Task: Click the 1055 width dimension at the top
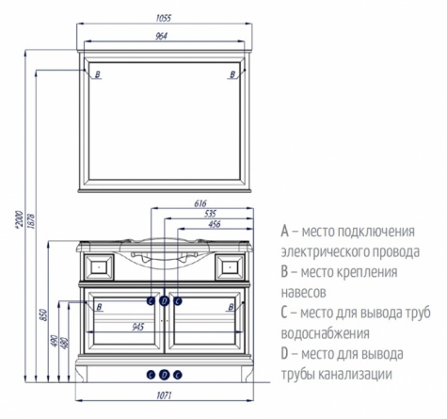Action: (x=164, y=18)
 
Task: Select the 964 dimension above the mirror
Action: (x=161, y=36)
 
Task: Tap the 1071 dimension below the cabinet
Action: (x=164, y=395)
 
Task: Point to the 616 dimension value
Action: (x=200, y=203)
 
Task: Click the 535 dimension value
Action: (x=210, y=214)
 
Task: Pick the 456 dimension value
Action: (x=215, y=224)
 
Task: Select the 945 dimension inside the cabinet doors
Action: (x=137, y=327)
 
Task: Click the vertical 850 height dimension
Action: (x=44, y=314)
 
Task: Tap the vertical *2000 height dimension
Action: (x=20, y=219)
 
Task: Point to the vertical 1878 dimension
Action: (x=31, y=221)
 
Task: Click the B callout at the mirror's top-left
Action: (x=98, y=74)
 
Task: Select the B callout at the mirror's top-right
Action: (x=232, y=74)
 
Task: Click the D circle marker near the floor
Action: (x=165, y=375)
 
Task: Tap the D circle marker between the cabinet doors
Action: (x=165, y=301)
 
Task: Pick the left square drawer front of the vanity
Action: (x=99, y=266)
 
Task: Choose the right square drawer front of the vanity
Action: (x=230, y=266)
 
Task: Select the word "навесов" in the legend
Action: (x=304, y=293)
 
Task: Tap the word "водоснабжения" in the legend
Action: (x=325, y=333)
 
